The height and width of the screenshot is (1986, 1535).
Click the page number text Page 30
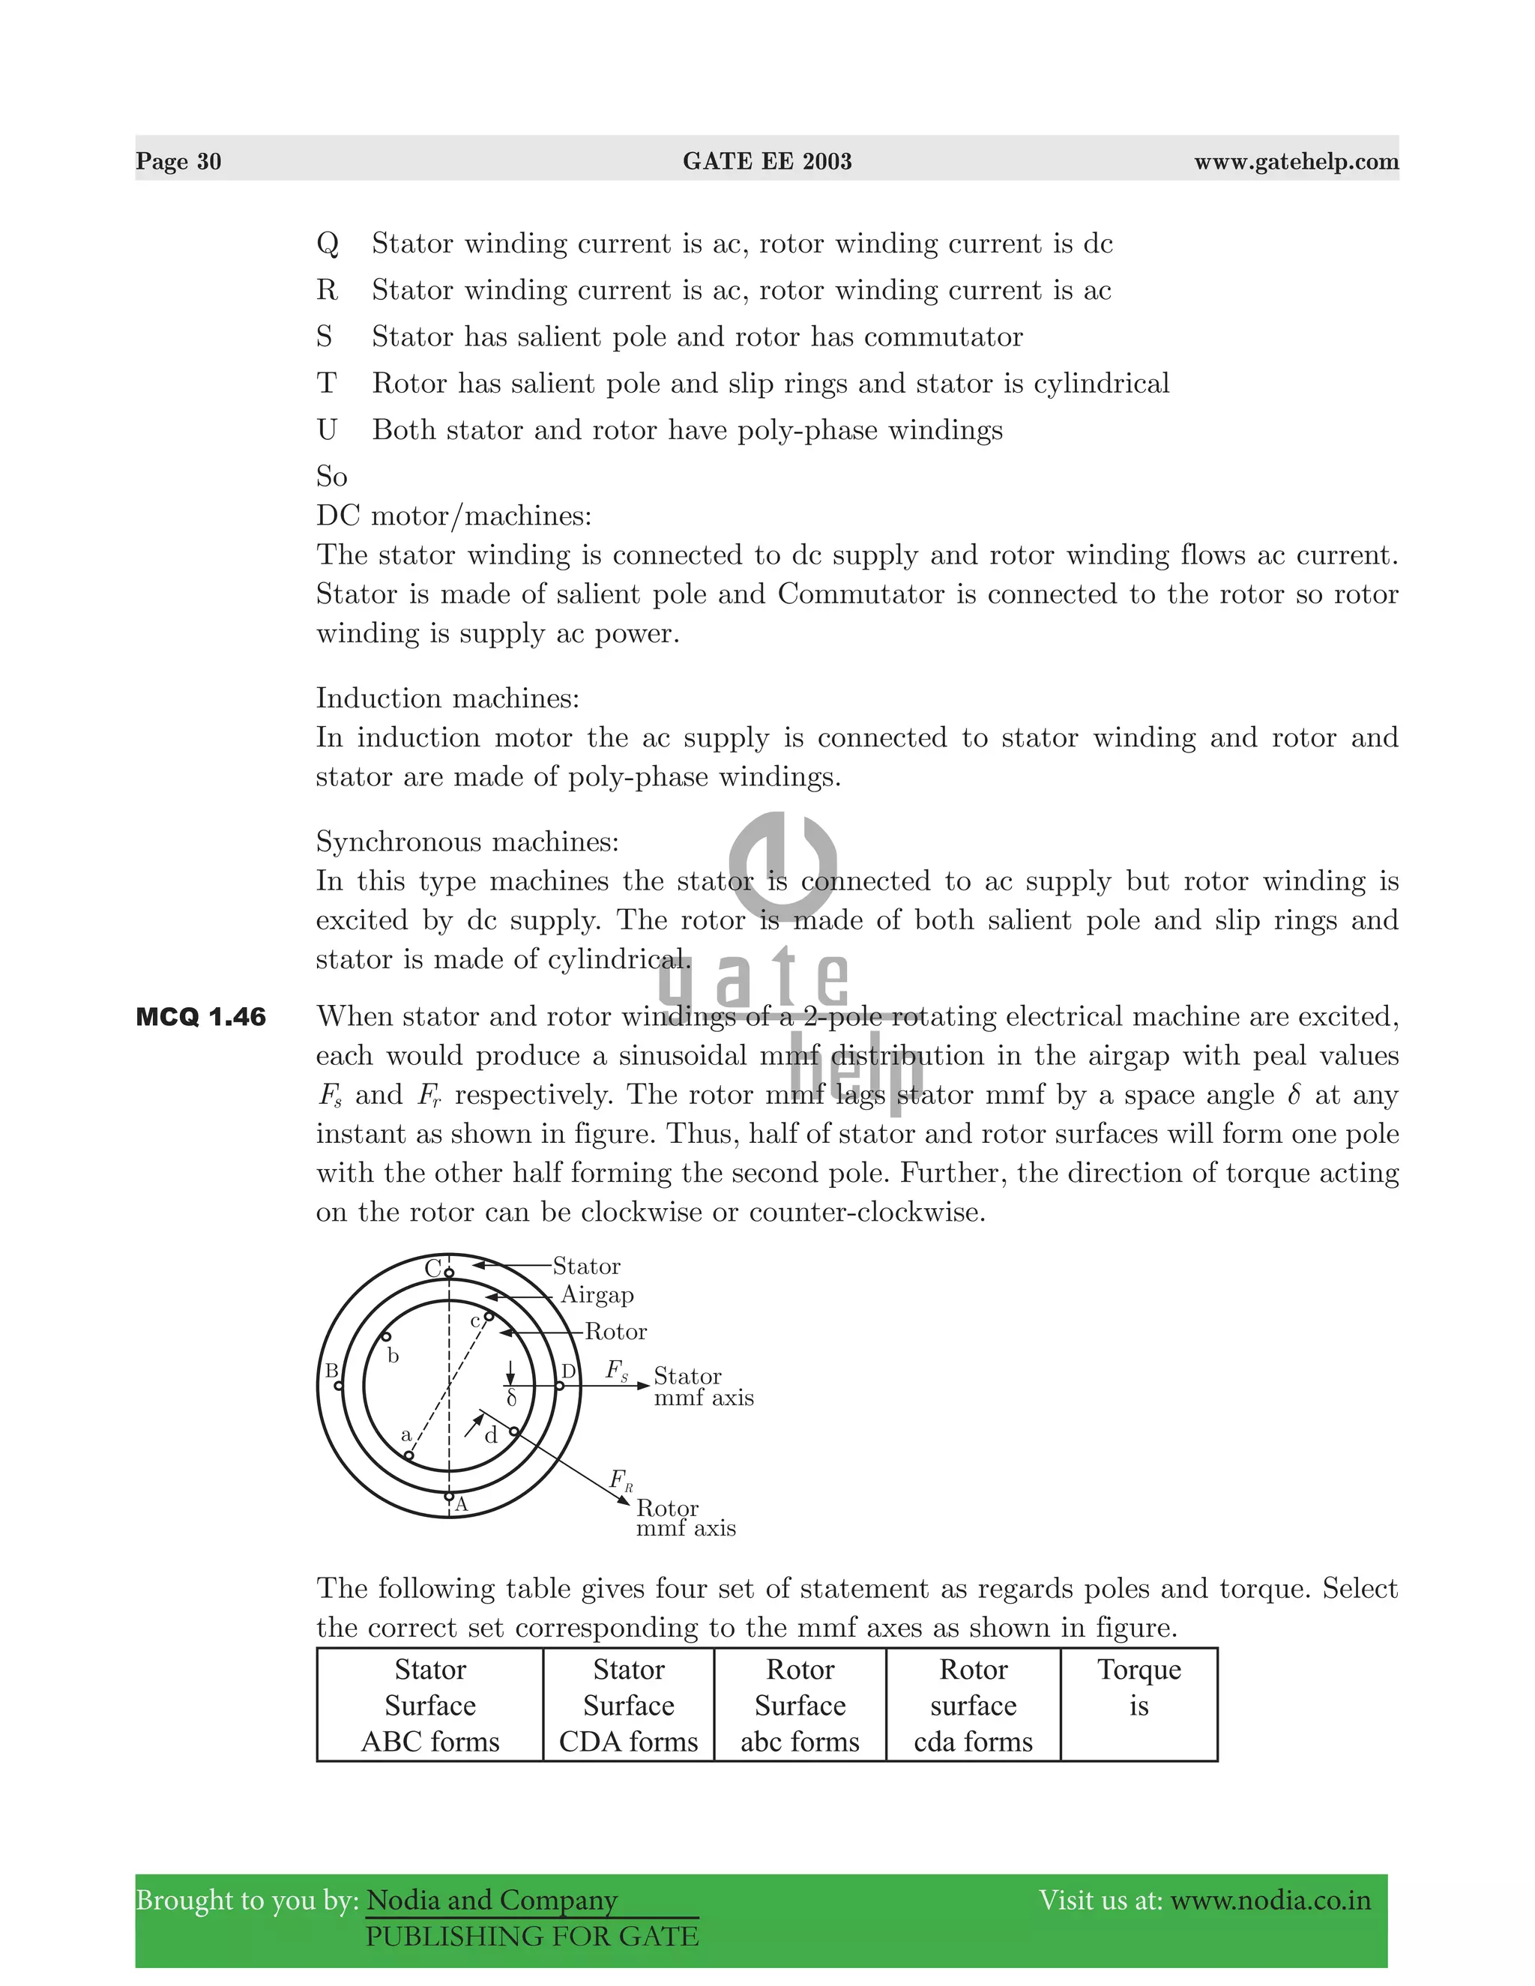[x=178, y=162]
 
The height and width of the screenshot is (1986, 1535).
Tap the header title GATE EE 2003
[x=767, y=162]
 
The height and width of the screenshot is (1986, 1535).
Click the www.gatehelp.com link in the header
[x=1296, y=162]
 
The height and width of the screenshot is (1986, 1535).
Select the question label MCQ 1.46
[x=201, y=1017]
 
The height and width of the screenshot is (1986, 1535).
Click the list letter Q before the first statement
[x=328, y=244]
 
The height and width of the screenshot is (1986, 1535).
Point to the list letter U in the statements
[x=327, y=430]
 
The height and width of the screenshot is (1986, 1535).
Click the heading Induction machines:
[x=447, y=698]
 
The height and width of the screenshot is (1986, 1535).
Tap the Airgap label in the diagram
[x=597, y=1295]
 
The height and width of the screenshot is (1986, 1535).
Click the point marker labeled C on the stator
[x=448, y=1273]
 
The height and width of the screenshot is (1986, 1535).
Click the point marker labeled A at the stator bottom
[x=448, y=1495]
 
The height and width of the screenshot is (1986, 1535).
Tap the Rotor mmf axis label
[x=685, y=1518]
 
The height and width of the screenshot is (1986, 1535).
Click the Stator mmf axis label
[x=703, y=1386]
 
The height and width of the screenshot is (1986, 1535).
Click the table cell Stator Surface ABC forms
[x=430, y=1705]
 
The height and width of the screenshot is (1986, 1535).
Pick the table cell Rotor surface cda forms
[x=973, y=1705]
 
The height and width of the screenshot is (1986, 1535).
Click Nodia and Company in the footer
[x=492, y=1901]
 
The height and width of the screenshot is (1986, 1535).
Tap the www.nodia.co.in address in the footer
[x=1270, y=1901]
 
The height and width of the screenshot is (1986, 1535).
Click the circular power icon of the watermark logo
[x=783, y=865]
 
